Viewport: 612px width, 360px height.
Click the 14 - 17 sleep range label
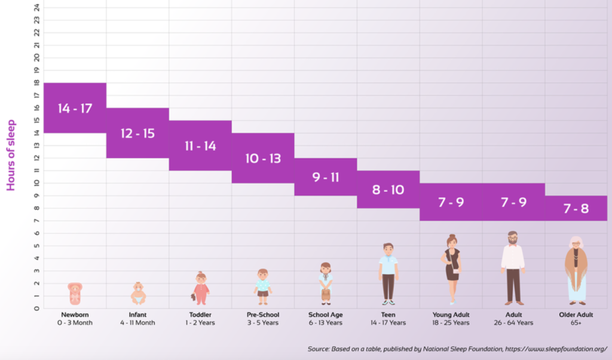coord(75,108)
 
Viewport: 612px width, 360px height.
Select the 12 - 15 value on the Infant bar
coord(137,133)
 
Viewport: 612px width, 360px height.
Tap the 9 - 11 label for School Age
coord(326,177)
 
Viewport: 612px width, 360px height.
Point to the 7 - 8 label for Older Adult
coord(576,209)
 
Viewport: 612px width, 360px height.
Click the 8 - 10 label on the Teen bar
coord(388,190)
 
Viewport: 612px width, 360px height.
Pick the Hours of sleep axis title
coord(11,155)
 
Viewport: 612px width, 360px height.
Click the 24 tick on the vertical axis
coord(37,7)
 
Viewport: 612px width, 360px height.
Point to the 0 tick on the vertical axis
coord(37,309)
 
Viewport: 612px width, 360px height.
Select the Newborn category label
coord(75,315)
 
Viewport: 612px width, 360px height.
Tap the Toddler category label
coord(200,315)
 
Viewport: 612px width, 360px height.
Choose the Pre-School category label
coord(263,315)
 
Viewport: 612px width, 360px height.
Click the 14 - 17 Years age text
coord(388,323)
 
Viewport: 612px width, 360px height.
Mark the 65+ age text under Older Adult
coord(576,323)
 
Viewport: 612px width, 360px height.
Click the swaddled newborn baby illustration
coord(75,294)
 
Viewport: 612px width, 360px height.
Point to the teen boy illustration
coord(388,272)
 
